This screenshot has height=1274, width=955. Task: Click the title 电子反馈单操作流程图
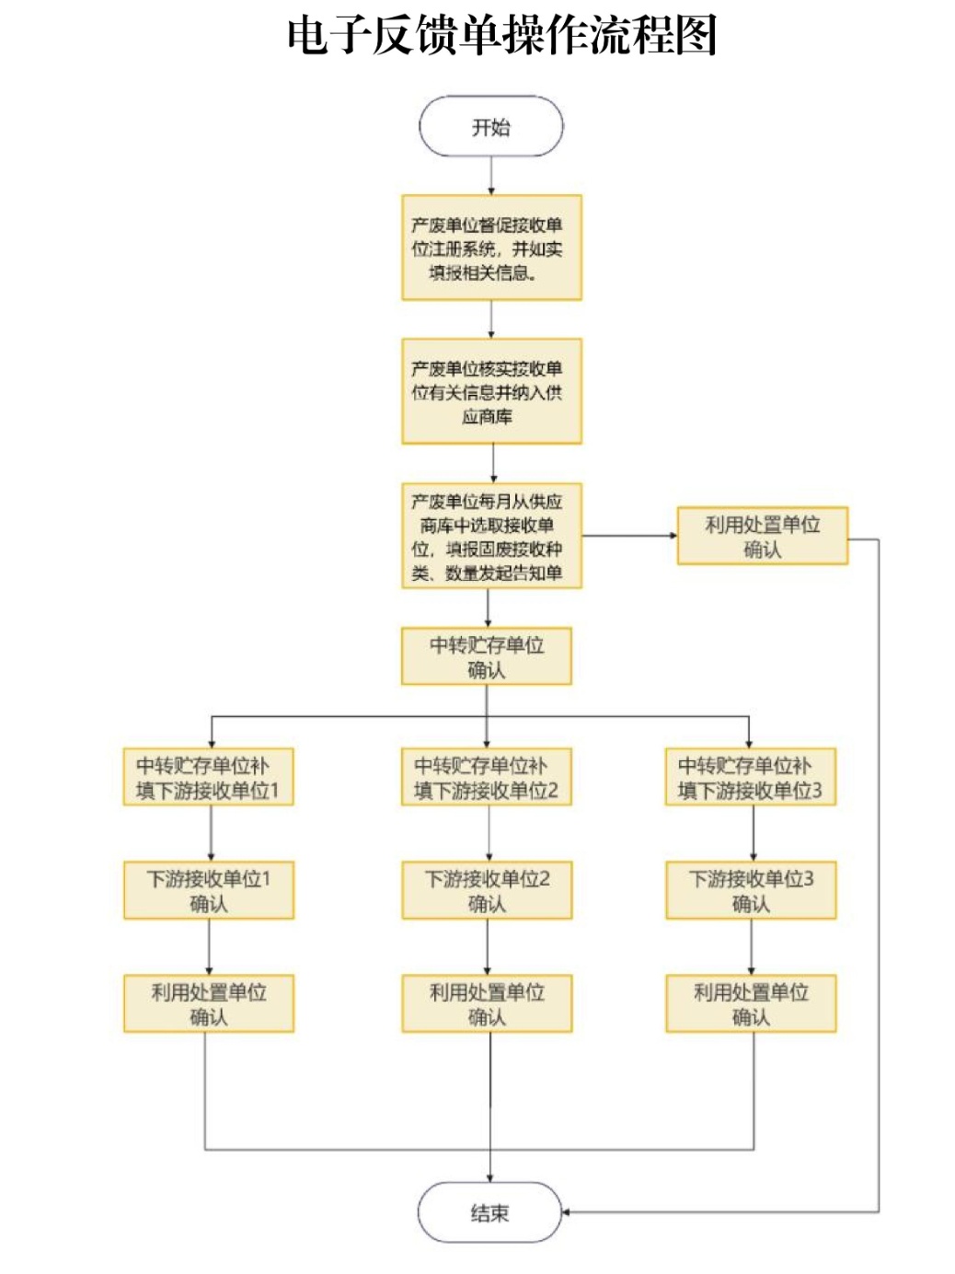501,37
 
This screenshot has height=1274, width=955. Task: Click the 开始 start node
490,127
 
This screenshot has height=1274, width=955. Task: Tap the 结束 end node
489,1212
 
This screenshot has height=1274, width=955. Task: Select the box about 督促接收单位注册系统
491,248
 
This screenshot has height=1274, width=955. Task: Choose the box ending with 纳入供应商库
491,391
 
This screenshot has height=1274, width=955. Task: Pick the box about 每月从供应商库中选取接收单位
491,536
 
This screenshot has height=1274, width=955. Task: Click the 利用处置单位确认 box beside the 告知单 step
762,536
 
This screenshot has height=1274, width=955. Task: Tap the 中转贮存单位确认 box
486,656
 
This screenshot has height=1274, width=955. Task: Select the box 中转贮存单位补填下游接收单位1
208,777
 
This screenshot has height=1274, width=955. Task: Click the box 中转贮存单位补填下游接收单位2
486,777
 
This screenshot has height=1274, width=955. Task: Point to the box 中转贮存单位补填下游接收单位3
750,777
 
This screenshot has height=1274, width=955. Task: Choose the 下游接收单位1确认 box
208,890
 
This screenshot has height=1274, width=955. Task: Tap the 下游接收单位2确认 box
486,890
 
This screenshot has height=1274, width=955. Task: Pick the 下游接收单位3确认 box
750,890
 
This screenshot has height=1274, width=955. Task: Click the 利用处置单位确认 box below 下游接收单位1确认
208,1003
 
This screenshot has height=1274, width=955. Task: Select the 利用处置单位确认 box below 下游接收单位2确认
486,1003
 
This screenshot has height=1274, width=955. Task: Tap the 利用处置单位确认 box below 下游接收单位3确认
750,1003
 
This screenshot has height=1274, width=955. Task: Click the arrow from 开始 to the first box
490,175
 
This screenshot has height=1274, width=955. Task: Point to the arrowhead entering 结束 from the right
567,1211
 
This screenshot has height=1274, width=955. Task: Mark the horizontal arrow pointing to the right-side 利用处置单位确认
629,535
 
